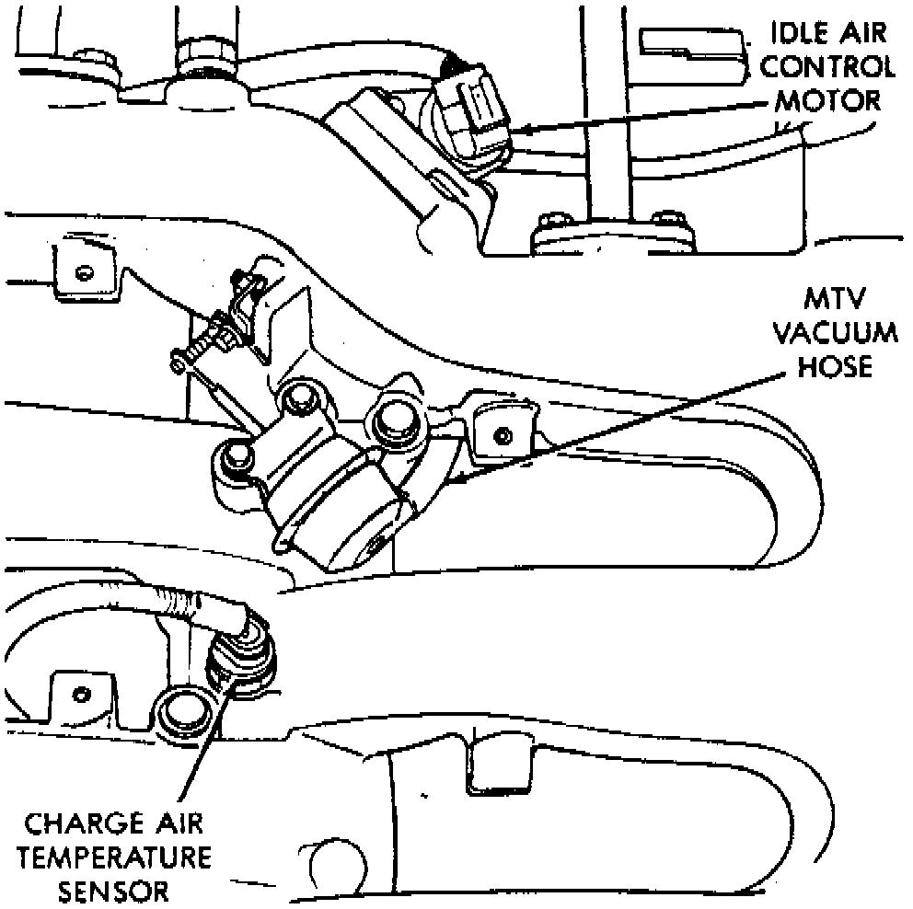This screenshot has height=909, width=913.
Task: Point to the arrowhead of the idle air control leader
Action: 517,131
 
